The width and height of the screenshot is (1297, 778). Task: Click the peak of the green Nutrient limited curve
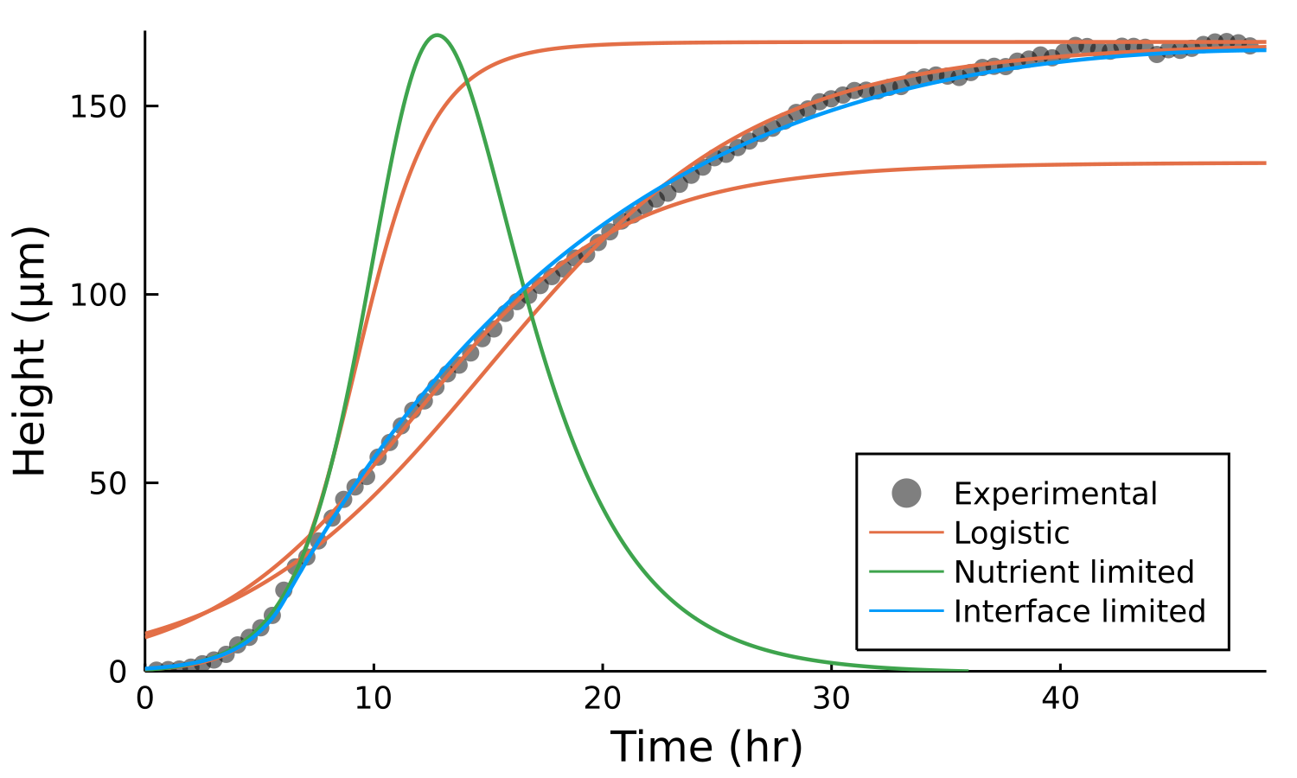(x=438, y=35)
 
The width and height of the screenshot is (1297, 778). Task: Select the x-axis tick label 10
(x=374, y=697)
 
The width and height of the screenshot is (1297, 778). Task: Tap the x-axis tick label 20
(x=603, y=697)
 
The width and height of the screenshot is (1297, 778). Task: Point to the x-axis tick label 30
(x=831, y=697)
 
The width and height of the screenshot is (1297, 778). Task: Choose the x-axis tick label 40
(x=1060, y=697)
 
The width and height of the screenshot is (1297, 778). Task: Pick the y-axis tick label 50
(x=109, y=482)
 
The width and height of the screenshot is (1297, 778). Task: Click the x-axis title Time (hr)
(x=706, y=746)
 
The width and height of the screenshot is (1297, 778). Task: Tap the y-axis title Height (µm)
(x=31, y=351)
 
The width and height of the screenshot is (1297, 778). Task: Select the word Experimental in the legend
(x=1055, y=494)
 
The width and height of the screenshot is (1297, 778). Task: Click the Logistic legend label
(x=1012, y=532)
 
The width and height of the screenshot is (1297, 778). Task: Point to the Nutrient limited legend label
(x=1074, y=571)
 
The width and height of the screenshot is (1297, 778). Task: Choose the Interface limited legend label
(x=1079, y=611)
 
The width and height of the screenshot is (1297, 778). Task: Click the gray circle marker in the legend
(x=906, y=494)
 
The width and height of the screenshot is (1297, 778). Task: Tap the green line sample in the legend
(x=906, y=571)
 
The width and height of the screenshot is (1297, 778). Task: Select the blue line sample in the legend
(x=906, y=611)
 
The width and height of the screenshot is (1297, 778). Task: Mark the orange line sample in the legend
(x=906, y=532)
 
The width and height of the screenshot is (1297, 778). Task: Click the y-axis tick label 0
(x=118, y=672)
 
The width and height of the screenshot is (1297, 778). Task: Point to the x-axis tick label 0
(x=145, y=697)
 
